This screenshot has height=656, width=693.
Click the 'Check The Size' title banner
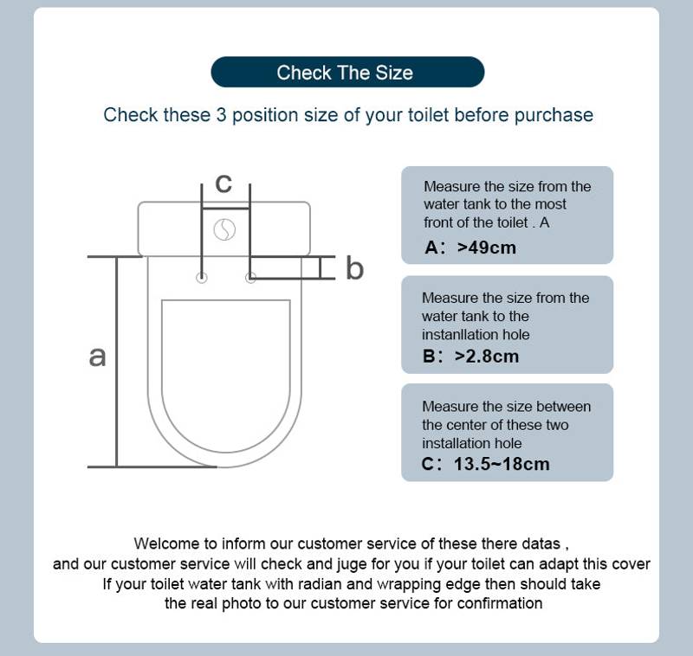pyautogui.click(x=346, y=73)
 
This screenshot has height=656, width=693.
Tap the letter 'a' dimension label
pyautogui.click(x=98, y=355)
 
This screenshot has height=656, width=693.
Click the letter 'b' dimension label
pyautogui.click(x=355, y=268)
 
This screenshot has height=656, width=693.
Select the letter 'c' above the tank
pyautogui.click(x=223, y=183)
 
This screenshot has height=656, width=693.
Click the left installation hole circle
pyautogui.click(x=202, y=278)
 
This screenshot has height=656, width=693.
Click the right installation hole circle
pyautogui.click(x=250, y=278)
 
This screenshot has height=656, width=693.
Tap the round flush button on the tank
pyautogui.click(x=225, y=230)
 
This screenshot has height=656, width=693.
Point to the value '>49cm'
pyautogui.click(x=486, y=248)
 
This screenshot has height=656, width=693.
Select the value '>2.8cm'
pyautogui.click(x=487, y=356)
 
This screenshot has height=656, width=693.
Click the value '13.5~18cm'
pyautogui.click(x=502, y=464)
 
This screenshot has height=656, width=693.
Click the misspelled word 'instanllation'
pyautogui.click(x=476, y=335)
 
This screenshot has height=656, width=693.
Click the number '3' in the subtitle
pyautogui.click(x=219, y=115)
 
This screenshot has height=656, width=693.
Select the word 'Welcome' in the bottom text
pyautogui.click(x=166, y=543)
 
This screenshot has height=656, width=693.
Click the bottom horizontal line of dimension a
pyautogui.click(x=152, y=466)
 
